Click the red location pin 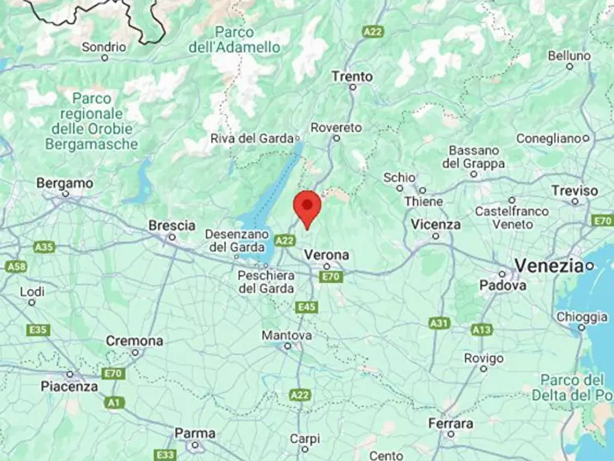coord(307,207)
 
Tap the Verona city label coord(327,255)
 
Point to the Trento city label coord(352,76)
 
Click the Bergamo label coord(65,184)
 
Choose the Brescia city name coord(172,226)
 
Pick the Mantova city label coord(287,336)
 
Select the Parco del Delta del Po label coord(572,387)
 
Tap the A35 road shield coord(44,246)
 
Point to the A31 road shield coord(439,322)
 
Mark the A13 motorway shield coord(481,330)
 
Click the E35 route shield coord(39,330)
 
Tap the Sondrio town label coord(104,47)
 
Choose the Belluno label coord(569,56)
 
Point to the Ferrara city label coord(450,424)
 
